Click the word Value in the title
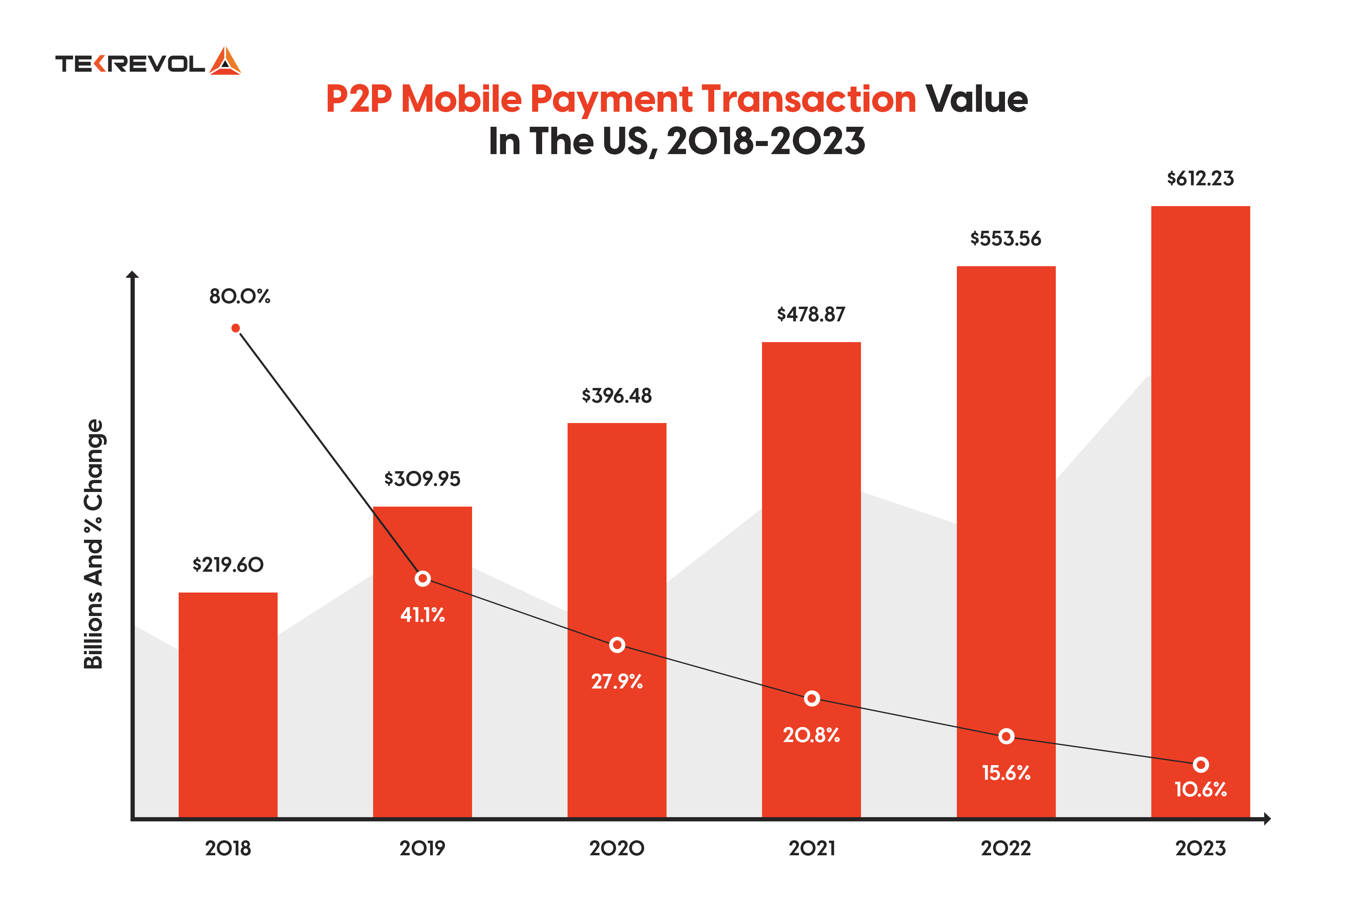[976, 99]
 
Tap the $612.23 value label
[1200, 178]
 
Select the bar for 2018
[228, 705]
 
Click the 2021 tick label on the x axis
[811, 848]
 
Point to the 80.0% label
[240, 297]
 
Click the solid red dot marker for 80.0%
[236, 329]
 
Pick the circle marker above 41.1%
[423, 579]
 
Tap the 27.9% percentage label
[616, 681]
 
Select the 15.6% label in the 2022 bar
[1006, 773]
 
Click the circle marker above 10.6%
[1201, 764]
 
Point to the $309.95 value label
[422, 479]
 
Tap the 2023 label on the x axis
[1200, 848]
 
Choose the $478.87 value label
[811, 314]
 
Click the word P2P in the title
[359, 99]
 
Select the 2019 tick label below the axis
[422, 848]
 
